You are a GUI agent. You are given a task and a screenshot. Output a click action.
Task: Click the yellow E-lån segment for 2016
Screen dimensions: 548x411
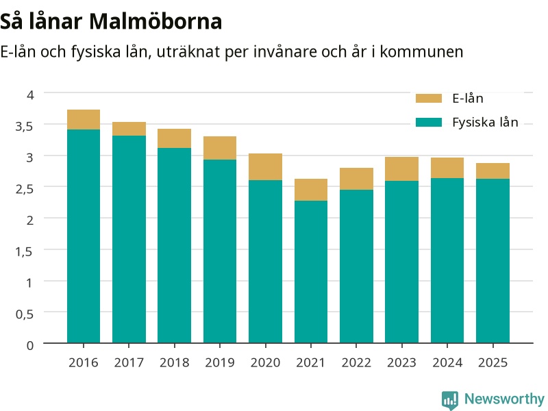[x=84, y=119]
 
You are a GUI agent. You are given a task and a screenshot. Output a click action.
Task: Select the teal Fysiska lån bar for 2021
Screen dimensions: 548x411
[x=311, y=272]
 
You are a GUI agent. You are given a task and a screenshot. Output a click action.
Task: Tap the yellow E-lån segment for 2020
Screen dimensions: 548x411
[x=265, y=166]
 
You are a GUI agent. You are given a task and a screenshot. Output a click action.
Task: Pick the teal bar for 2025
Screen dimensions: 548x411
[x=493, y=261]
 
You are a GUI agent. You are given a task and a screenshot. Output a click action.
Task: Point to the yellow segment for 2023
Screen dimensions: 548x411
[x=401, y=169]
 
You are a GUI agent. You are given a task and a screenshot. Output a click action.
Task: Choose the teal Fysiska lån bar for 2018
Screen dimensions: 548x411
[x=175, y=245]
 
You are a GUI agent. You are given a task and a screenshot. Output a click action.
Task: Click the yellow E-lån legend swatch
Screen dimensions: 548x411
[x=429, y=98]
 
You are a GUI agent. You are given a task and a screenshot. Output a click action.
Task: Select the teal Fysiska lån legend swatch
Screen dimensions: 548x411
[x=429, y=123]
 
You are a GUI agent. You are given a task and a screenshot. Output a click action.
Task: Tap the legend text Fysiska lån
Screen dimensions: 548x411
[x=485, y=123]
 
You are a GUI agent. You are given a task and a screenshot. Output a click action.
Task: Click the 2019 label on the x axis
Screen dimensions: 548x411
[x=220, y=362]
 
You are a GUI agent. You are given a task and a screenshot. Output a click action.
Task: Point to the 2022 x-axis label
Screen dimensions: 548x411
[x=356, y=362]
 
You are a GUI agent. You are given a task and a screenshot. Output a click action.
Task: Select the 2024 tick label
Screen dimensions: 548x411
[x=447, y=362]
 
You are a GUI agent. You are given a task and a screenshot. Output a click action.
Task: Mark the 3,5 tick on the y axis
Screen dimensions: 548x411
[x=24, y=126]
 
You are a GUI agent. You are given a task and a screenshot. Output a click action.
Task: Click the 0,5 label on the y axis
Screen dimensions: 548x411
[x=25, y=314]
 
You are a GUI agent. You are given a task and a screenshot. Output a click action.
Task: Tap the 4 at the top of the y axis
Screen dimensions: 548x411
[x=30, y=95]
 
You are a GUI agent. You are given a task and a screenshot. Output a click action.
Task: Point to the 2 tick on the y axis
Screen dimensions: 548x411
[x=30, y=220]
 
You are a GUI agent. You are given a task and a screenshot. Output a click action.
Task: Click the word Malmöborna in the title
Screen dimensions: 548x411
[x=155, y=21]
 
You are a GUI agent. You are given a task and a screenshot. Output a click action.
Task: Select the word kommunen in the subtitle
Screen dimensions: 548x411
[x=421, y=52]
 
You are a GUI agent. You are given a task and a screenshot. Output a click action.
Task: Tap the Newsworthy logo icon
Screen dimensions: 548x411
[x=450, y=400]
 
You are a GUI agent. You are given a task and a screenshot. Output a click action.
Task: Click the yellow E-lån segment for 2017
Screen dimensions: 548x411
[x=129, y=129]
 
